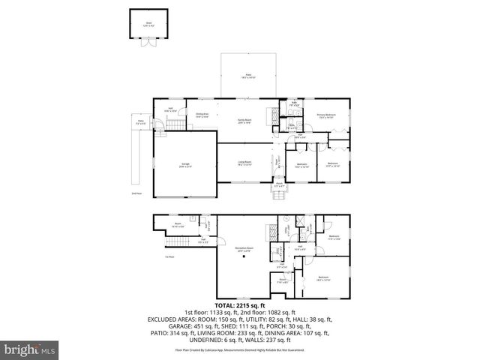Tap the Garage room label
click(184, 165)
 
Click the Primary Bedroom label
click(325, 115)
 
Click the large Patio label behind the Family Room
click(249, 76)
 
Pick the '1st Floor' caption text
click(169, 257)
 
